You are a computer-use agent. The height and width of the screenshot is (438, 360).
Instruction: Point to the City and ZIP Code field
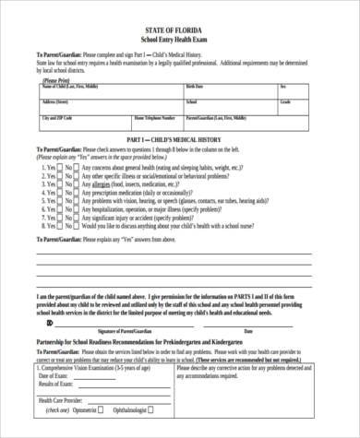[55, 118]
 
